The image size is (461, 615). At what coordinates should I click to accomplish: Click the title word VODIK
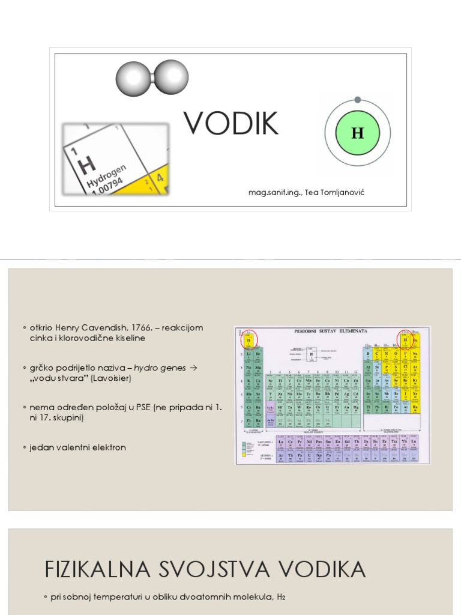point(231,123)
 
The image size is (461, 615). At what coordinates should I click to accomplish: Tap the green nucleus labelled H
point(358,133)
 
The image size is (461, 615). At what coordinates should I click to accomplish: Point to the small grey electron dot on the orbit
point(358,100)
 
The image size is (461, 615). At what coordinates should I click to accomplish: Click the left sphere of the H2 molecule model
point(133,79)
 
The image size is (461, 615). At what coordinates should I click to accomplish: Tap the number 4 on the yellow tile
point(160,178)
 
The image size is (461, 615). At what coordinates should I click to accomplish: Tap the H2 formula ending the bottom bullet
point(281,598)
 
